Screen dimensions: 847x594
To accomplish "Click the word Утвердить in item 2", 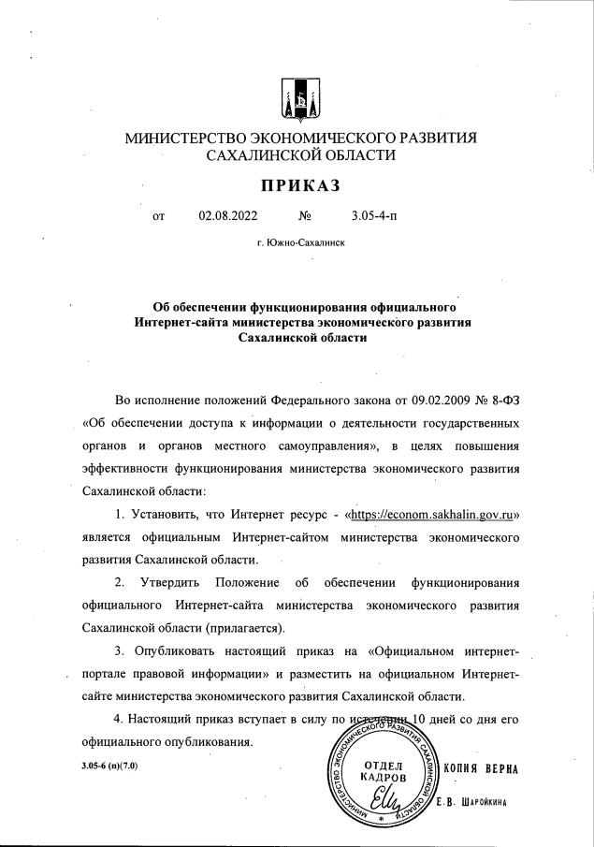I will point(175,583).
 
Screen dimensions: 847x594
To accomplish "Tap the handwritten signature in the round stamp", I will point(385,803).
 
